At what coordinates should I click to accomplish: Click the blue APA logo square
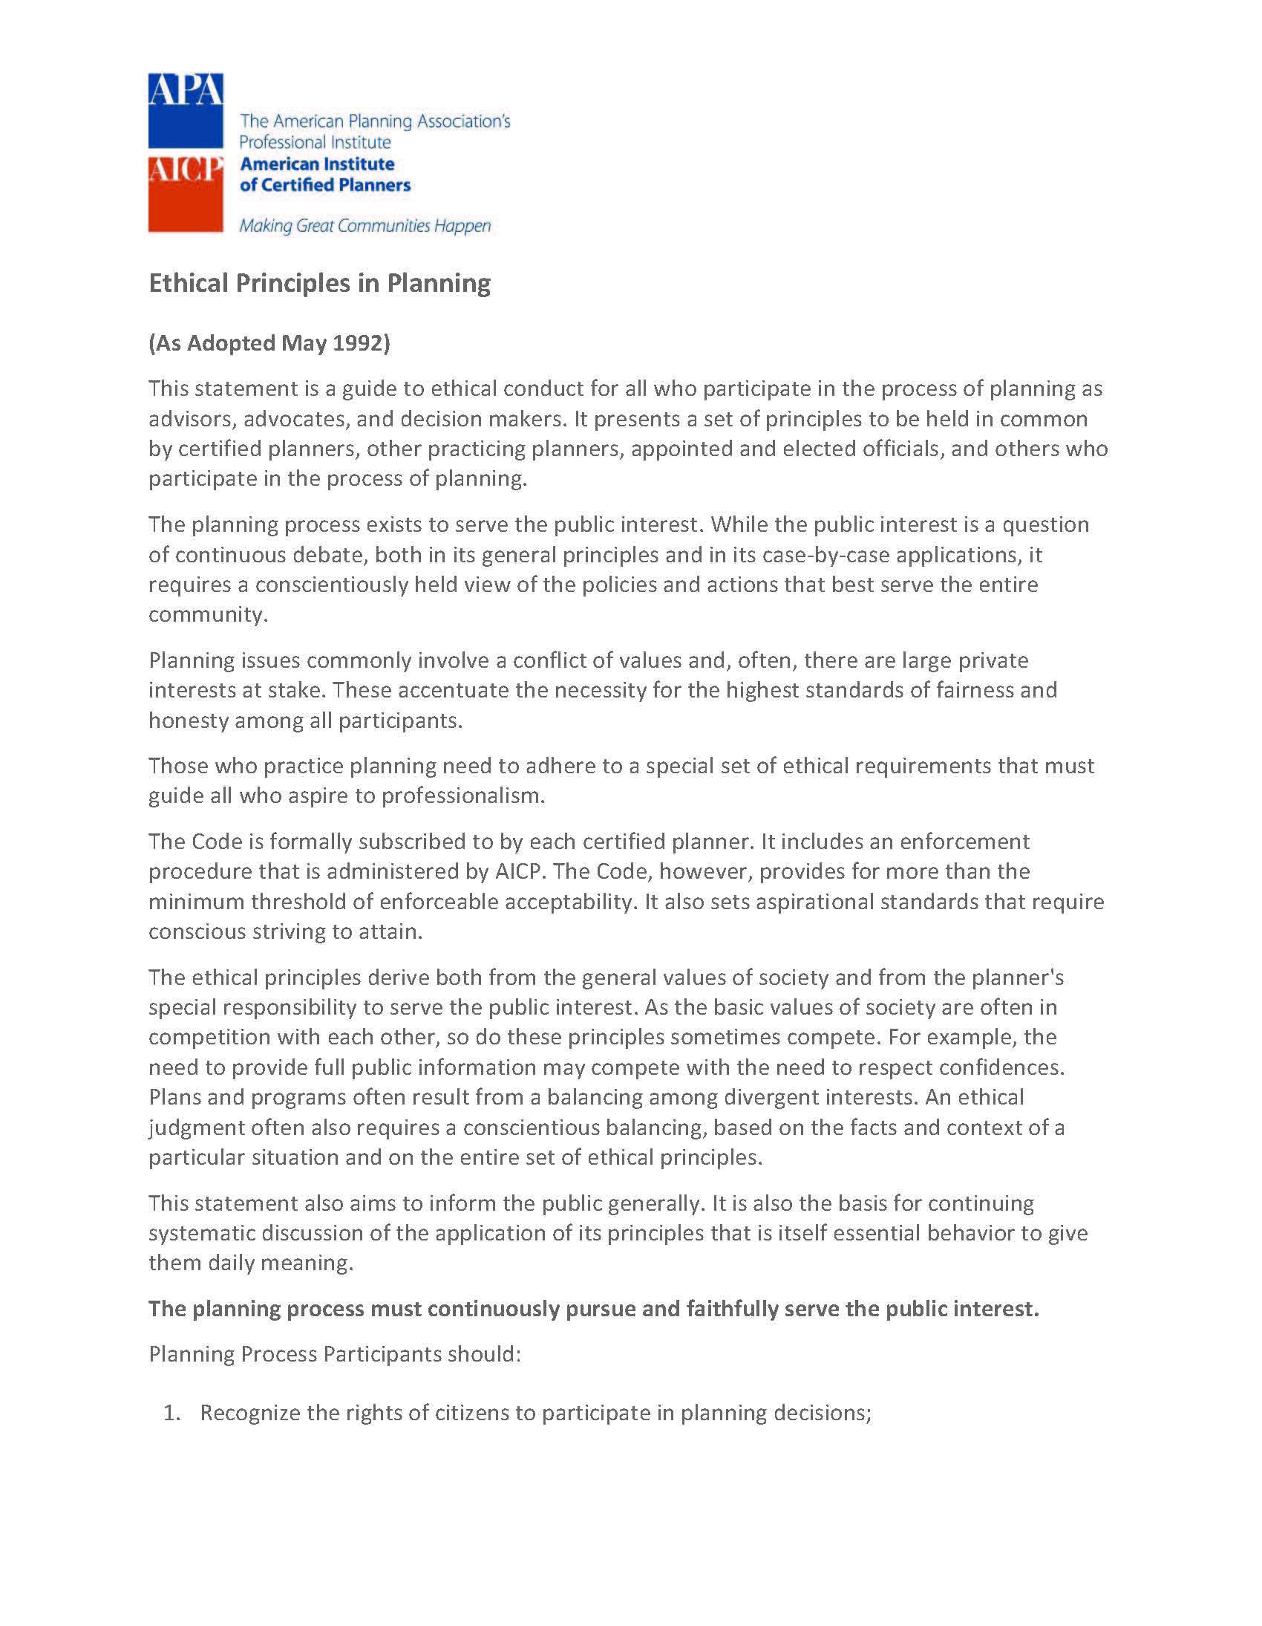(186, 110)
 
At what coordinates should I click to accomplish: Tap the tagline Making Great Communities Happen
(364, 226)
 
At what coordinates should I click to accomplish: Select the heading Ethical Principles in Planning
(319, 283)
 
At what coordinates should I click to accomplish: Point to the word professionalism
(462, 796)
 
